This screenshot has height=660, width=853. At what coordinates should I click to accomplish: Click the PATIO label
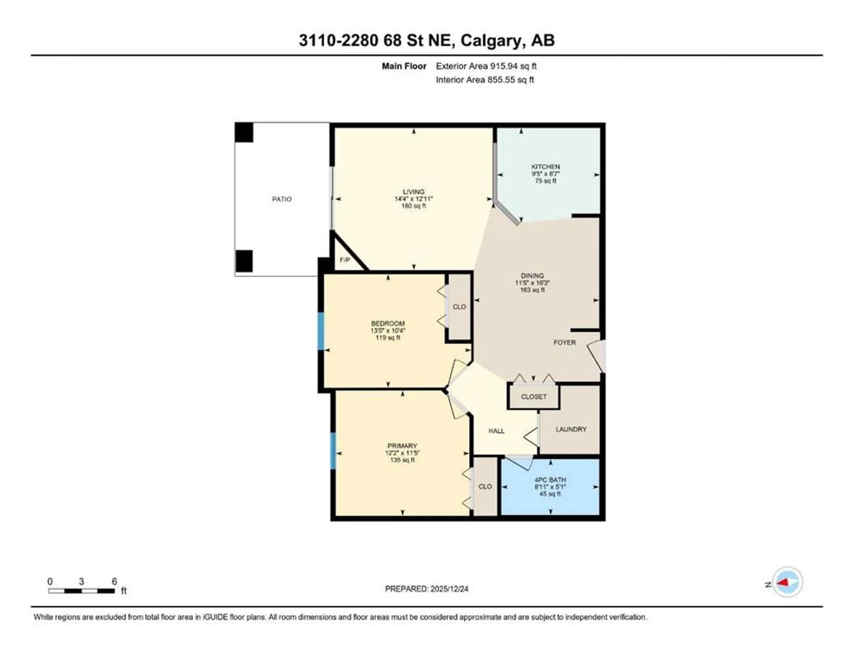(x=282, y=199)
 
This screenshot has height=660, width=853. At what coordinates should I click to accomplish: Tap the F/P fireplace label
(x=345, y=260)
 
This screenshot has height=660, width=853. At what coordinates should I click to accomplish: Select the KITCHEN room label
(x=545, y=167)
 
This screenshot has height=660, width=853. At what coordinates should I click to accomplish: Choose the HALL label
(x=496, y=431)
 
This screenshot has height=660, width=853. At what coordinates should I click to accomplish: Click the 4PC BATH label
(x=550, y=480)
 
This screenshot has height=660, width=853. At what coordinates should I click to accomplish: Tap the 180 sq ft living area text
(x=414, y=206)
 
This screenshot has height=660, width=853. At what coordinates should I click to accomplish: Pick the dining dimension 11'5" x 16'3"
(x=532, y=283)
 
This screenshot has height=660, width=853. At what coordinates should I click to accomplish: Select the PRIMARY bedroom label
(x=402, y=446)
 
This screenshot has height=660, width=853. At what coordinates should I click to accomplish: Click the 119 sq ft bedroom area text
(x=388, y=338)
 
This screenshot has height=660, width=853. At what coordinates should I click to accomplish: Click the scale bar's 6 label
(x=114, y=582)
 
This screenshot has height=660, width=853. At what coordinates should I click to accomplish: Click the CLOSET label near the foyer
(x=534, y=397)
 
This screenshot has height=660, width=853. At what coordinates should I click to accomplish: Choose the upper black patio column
(x=244, y=132)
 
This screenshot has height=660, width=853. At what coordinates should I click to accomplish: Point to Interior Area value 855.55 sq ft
(x=510, y=80)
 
